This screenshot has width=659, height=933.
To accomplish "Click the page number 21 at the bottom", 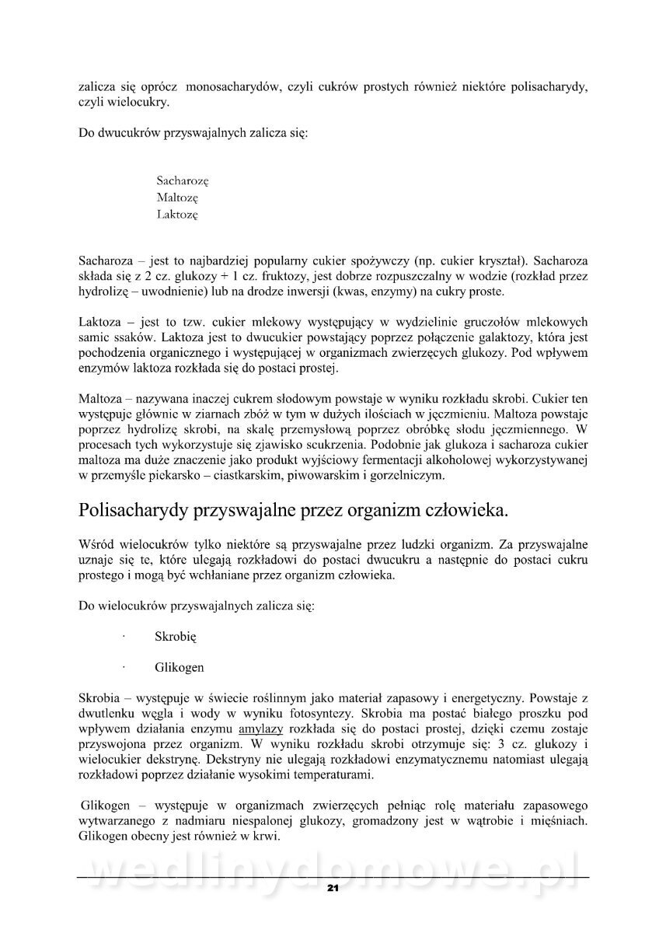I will click(332, 888).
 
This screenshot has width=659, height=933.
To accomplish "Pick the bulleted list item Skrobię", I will click(176, 636).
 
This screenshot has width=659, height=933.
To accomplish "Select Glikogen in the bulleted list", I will click(180, 667).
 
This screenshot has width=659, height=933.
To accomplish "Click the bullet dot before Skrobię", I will click(124, 636).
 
